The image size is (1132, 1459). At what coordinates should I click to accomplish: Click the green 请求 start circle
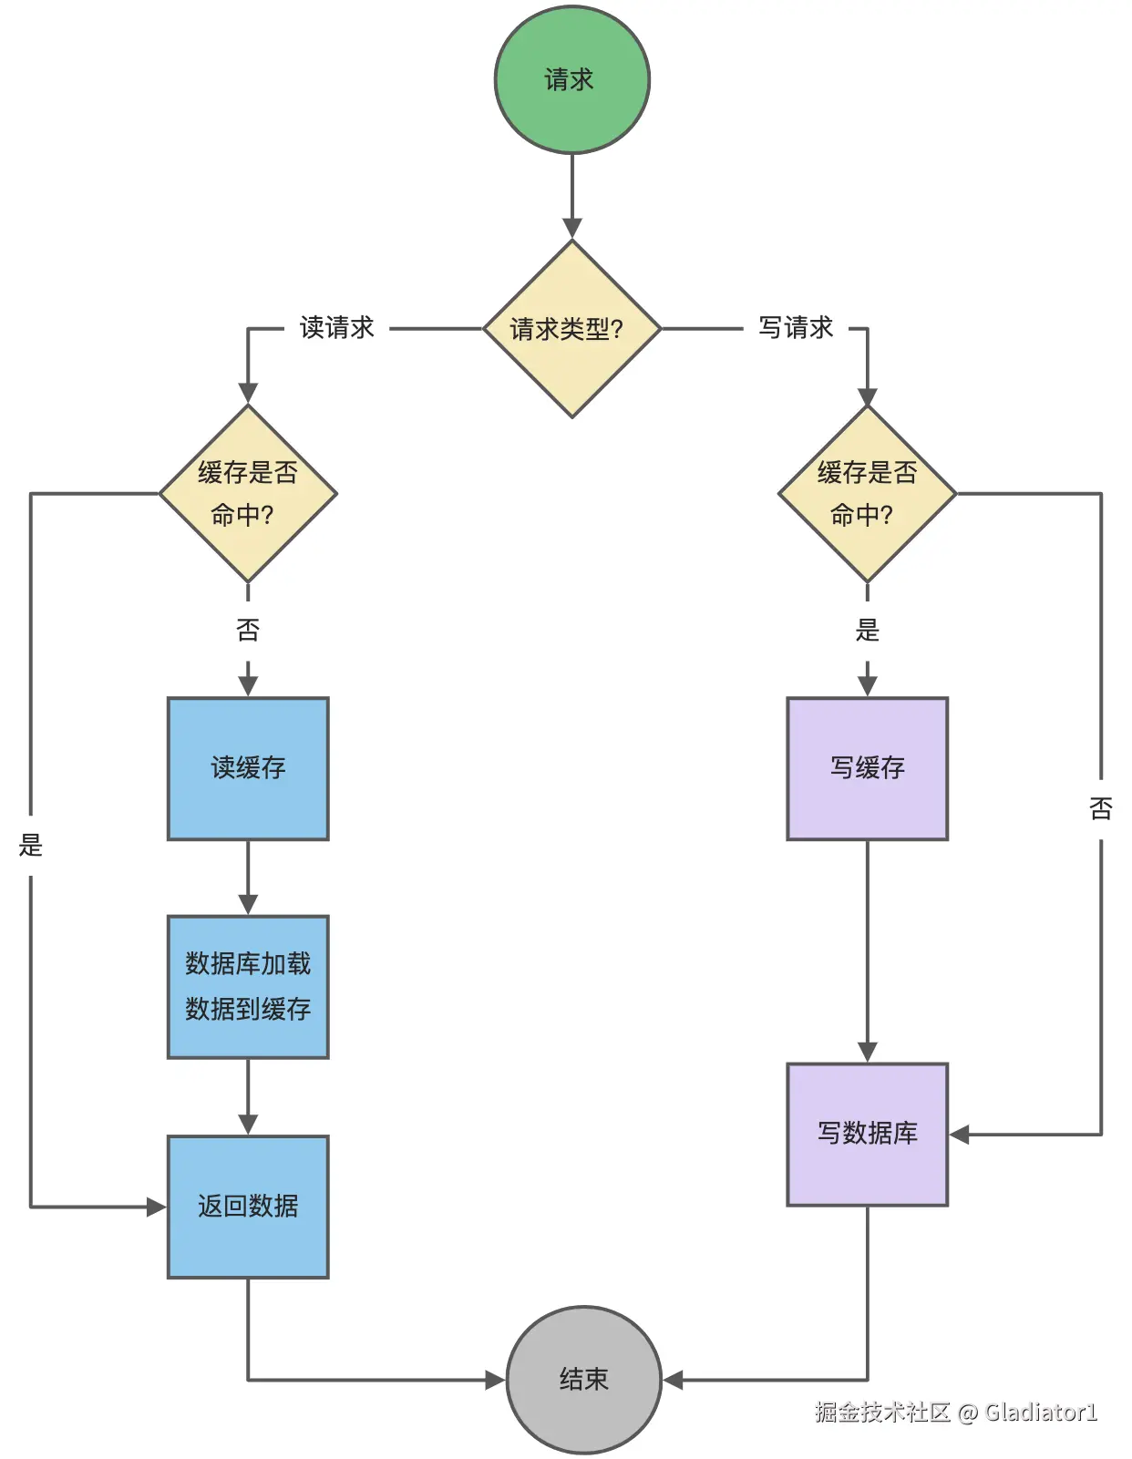(572, 79)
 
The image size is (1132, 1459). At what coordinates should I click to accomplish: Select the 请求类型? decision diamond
(572, 328)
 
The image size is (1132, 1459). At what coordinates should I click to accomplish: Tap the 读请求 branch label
(336, 328)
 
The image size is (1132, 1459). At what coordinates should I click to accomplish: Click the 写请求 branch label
(796, 328)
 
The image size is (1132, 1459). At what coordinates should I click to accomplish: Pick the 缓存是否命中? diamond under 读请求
(248, 494)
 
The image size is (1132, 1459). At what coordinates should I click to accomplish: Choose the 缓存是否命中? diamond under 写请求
(867, 494)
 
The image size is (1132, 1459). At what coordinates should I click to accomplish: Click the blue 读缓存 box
(248, 768)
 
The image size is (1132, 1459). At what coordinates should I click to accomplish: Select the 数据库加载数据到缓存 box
(248, 986)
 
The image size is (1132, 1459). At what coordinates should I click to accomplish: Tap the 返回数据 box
(248, 1207)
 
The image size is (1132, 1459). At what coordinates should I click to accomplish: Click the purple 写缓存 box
(868, 768)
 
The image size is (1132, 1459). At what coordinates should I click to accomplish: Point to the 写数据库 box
(868, 1134)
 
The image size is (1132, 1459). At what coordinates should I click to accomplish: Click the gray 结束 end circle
(583, 1380)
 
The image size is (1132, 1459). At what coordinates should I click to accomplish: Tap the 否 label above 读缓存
(248, 630)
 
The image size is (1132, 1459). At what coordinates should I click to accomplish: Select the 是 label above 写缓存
(867, 630)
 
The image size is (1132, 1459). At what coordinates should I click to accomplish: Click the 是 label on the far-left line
(31, 845)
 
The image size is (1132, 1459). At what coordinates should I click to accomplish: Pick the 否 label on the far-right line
(1100, 808)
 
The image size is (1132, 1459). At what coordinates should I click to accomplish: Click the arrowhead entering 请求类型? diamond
(572, 229)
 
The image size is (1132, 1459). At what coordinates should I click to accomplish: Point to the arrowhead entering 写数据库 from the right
(959, 1135)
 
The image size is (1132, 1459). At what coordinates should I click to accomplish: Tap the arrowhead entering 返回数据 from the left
(157, 1207)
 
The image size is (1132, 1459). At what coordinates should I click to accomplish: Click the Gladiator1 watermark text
(1041, 1412)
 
